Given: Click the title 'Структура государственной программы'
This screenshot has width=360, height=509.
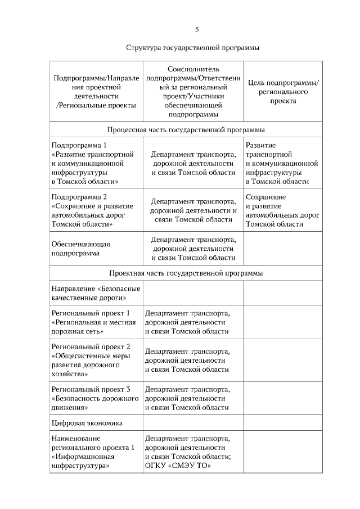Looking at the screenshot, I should pos(193,48).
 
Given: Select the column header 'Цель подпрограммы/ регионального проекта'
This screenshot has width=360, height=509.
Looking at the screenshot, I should pos(283,92).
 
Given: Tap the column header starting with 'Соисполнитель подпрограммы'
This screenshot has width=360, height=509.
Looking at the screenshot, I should pos(193,91).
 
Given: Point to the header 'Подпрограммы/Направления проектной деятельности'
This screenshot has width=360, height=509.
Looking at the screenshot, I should pos(96,92).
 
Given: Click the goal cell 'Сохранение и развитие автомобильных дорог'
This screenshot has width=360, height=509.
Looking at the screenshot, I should pos(282,210).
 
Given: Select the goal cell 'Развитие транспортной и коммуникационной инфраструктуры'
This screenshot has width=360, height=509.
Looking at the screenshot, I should pos(282,163).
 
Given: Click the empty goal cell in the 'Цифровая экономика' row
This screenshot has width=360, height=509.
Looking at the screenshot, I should pos(282,422).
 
